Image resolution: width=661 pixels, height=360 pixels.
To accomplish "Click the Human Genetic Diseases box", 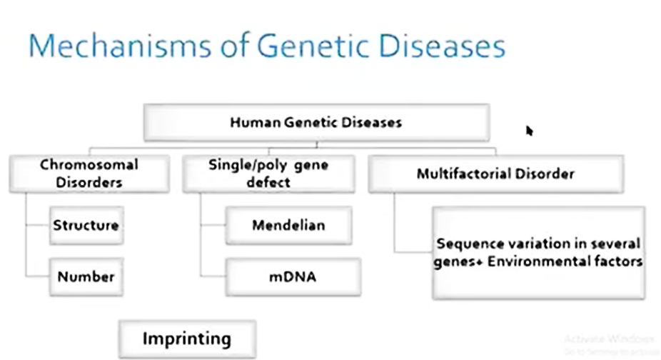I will tap(316, 122).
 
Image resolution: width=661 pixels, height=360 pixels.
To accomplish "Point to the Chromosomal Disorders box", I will tap(89, 174).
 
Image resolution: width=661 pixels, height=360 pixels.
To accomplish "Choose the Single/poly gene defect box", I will tap(268, 174).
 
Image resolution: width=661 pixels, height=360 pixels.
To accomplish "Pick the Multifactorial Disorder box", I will tap(495, 174).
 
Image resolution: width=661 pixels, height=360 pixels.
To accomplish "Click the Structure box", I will tap(86, 226).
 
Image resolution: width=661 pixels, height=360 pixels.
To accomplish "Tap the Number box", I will tap(86, 277).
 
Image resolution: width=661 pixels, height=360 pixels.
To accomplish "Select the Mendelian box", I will tap(288, 226).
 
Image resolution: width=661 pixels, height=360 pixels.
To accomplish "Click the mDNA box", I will tap(293, 277).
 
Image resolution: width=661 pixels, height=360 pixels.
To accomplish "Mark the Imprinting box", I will tap(187, 339).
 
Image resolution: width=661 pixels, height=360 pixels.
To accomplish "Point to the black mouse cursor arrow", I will tap(530, 131).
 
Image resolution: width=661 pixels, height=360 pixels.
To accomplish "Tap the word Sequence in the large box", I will tap(465, 244).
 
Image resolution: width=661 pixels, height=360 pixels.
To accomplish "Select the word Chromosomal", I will tap(89, 164).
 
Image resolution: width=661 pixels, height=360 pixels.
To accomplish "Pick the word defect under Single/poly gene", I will tap(268, 182).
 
